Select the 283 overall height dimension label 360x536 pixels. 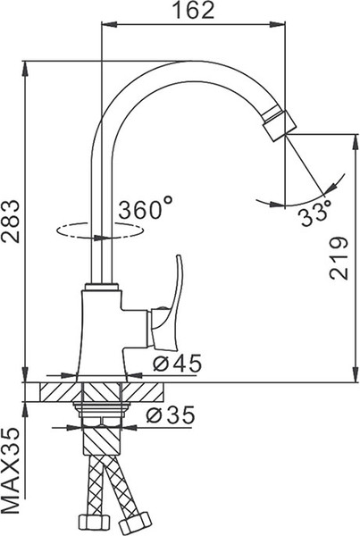tap(12, 219)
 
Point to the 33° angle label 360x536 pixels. tap(314, 214)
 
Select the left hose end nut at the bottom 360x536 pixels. tap(88, 521)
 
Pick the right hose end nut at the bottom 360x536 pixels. tap(140, 521)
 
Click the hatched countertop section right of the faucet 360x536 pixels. tap(152, 394)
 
